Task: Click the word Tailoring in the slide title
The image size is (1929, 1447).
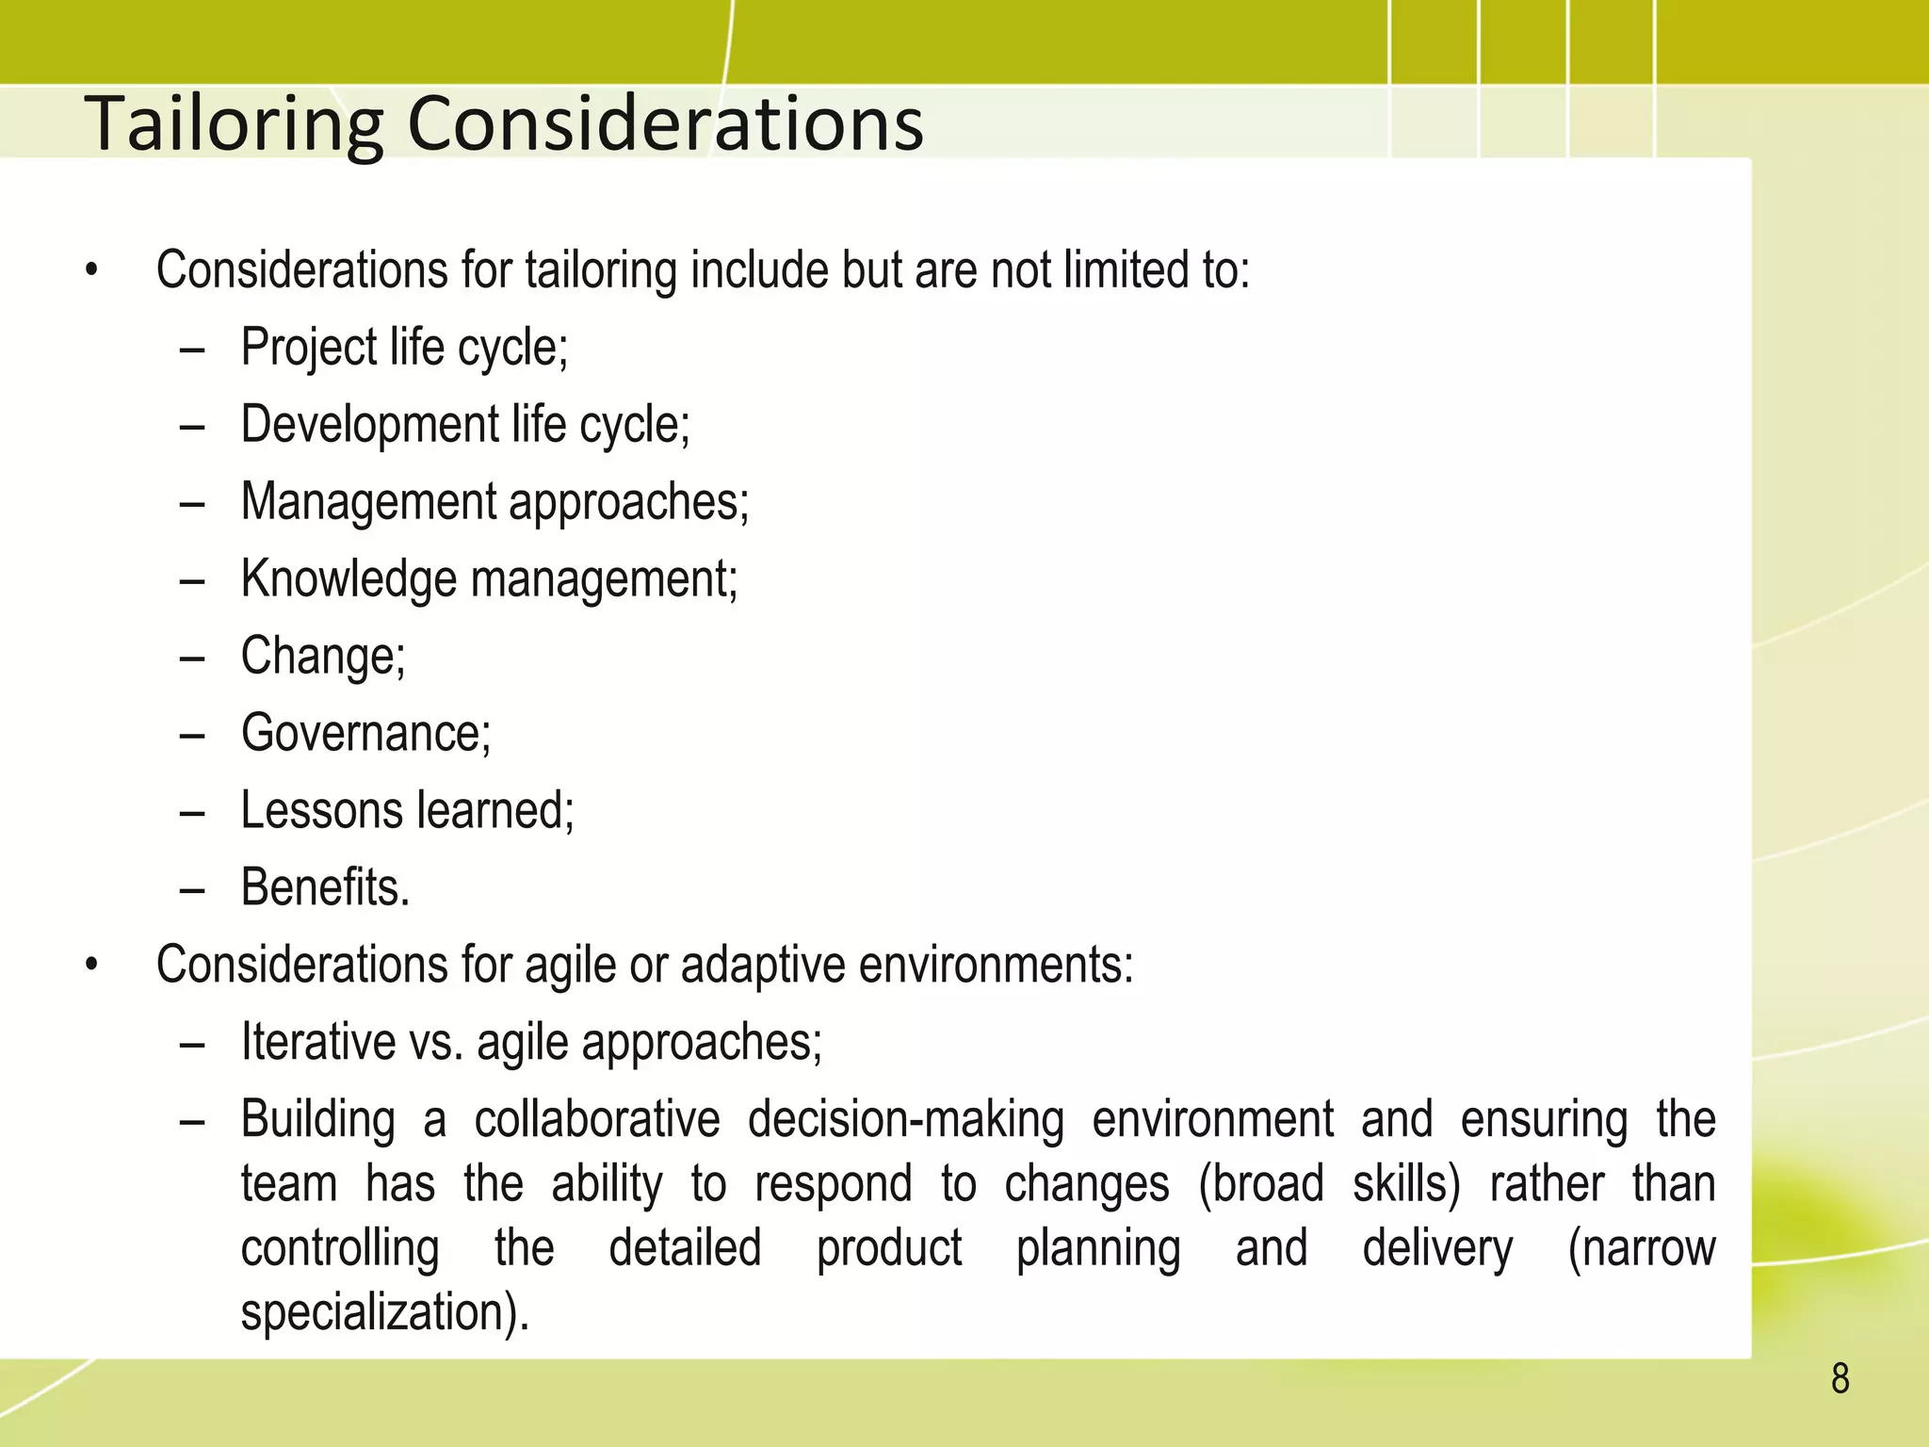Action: (x=234, y=123)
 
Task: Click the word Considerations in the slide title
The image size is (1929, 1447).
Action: (x=665, y=123)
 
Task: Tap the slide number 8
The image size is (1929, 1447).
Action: (x=1840, y=1378)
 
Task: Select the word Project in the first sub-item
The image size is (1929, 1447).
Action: (x=309, y=347)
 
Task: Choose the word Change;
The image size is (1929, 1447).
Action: (x=323, y=656)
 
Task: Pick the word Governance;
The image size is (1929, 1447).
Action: (x=365, y=733)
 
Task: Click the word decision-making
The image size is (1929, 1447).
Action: (x=906, y=1119)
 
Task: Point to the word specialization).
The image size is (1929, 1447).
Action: (x=385, y=1312)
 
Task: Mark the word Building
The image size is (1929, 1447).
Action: (x=317, y=1119)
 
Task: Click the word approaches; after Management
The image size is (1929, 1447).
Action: (x=629, y=501)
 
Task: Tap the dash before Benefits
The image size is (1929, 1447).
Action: (x=192, y=888)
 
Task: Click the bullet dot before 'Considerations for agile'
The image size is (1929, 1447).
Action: (x=91, y=965)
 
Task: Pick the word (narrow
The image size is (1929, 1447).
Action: (x=1641, y=1248)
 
